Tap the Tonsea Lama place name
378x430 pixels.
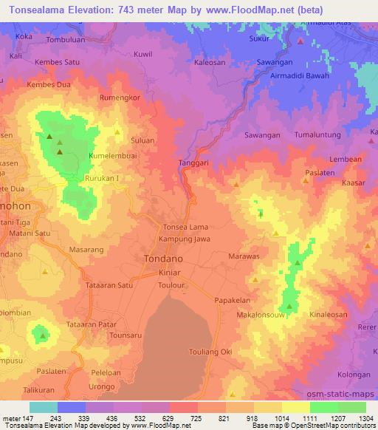click(x=185, y=227)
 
